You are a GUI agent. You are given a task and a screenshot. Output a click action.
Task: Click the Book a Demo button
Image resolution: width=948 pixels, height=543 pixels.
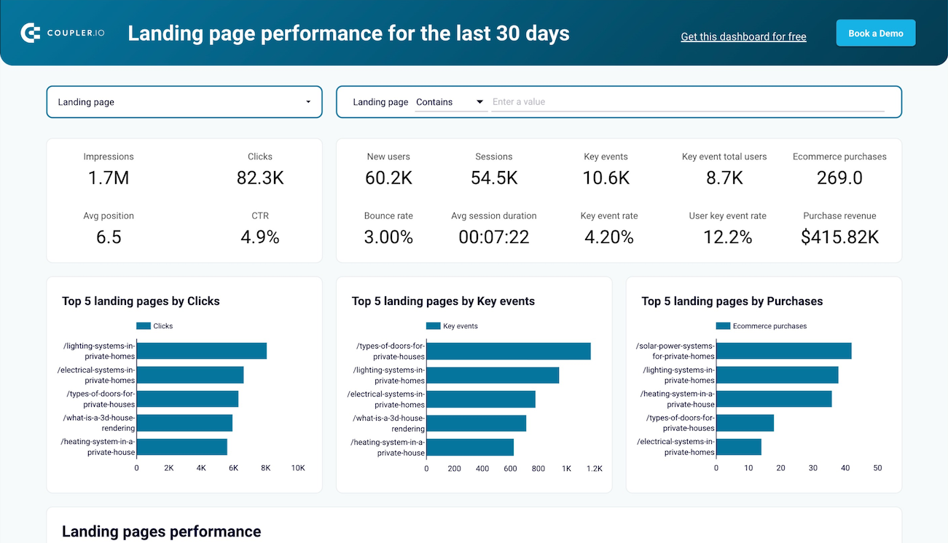click(x=875, y=33)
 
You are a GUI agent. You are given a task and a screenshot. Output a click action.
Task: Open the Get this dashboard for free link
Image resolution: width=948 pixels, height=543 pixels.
click(x=743, y=36)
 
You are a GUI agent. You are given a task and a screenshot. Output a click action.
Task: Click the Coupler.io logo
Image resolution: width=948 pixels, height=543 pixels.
click(x=63, y=33)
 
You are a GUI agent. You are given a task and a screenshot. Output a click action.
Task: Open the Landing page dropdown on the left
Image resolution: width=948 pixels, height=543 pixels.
click(x=184, y=102)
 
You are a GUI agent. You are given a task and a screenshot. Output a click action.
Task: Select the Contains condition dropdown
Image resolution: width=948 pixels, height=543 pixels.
click(x=450, y=102)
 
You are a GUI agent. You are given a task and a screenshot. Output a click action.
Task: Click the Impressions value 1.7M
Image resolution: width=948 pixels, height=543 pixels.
click(x=109, y=178)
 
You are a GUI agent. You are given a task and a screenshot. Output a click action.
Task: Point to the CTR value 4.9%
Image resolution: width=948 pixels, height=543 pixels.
click(x=259, y=237)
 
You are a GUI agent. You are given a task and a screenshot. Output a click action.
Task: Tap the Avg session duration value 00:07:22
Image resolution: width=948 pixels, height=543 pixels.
click(x=493, y=237)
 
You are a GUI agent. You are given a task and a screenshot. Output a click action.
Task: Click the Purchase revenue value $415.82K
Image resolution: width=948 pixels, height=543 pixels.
click(x=839, y=237)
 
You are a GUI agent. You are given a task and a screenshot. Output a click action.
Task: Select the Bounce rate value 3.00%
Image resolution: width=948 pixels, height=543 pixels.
click(x=388, y=237)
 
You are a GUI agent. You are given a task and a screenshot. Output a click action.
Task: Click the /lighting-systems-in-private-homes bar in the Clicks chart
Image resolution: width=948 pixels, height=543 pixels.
click(x=201, y=351)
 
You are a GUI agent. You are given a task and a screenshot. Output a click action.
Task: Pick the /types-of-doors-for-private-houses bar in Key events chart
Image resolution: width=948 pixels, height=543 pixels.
click(x=508, y=351)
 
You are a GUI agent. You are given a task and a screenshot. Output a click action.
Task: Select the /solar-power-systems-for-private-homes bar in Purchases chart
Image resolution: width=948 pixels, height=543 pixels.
click(x=783, y=351)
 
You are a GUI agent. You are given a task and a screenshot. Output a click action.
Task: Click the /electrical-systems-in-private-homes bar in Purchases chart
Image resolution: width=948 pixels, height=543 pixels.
click(x=738, y=447)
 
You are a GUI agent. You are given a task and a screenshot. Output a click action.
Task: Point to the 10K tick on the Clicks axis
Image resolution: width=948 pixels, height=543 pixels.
click(x=297, y=468)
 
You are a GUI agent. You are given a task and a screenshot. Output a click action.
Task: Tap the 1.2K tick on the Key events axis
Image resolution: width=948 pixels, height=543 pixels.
click(x=595, y=468)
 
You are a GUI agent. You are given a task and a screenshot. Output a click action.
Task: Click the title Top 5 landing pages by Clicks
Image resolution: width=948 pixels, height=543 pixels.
click(x=141, y=301)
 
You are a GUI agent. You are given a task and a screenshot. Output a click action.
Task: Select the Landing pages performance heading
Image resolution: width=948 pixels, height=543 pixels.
click(x=161, y=531)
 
